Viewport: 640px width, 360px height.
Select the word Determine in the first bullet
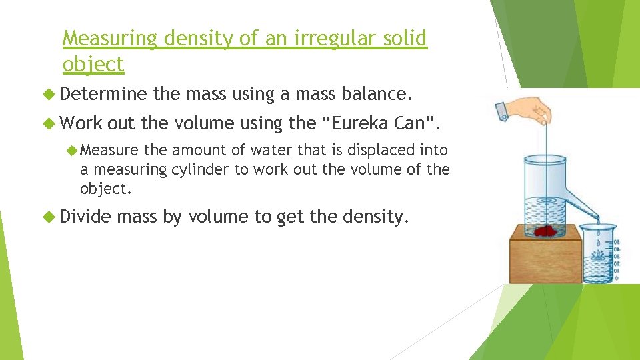pos(106,95)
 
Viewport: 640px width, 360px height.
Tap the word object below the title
pos(93,65)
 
